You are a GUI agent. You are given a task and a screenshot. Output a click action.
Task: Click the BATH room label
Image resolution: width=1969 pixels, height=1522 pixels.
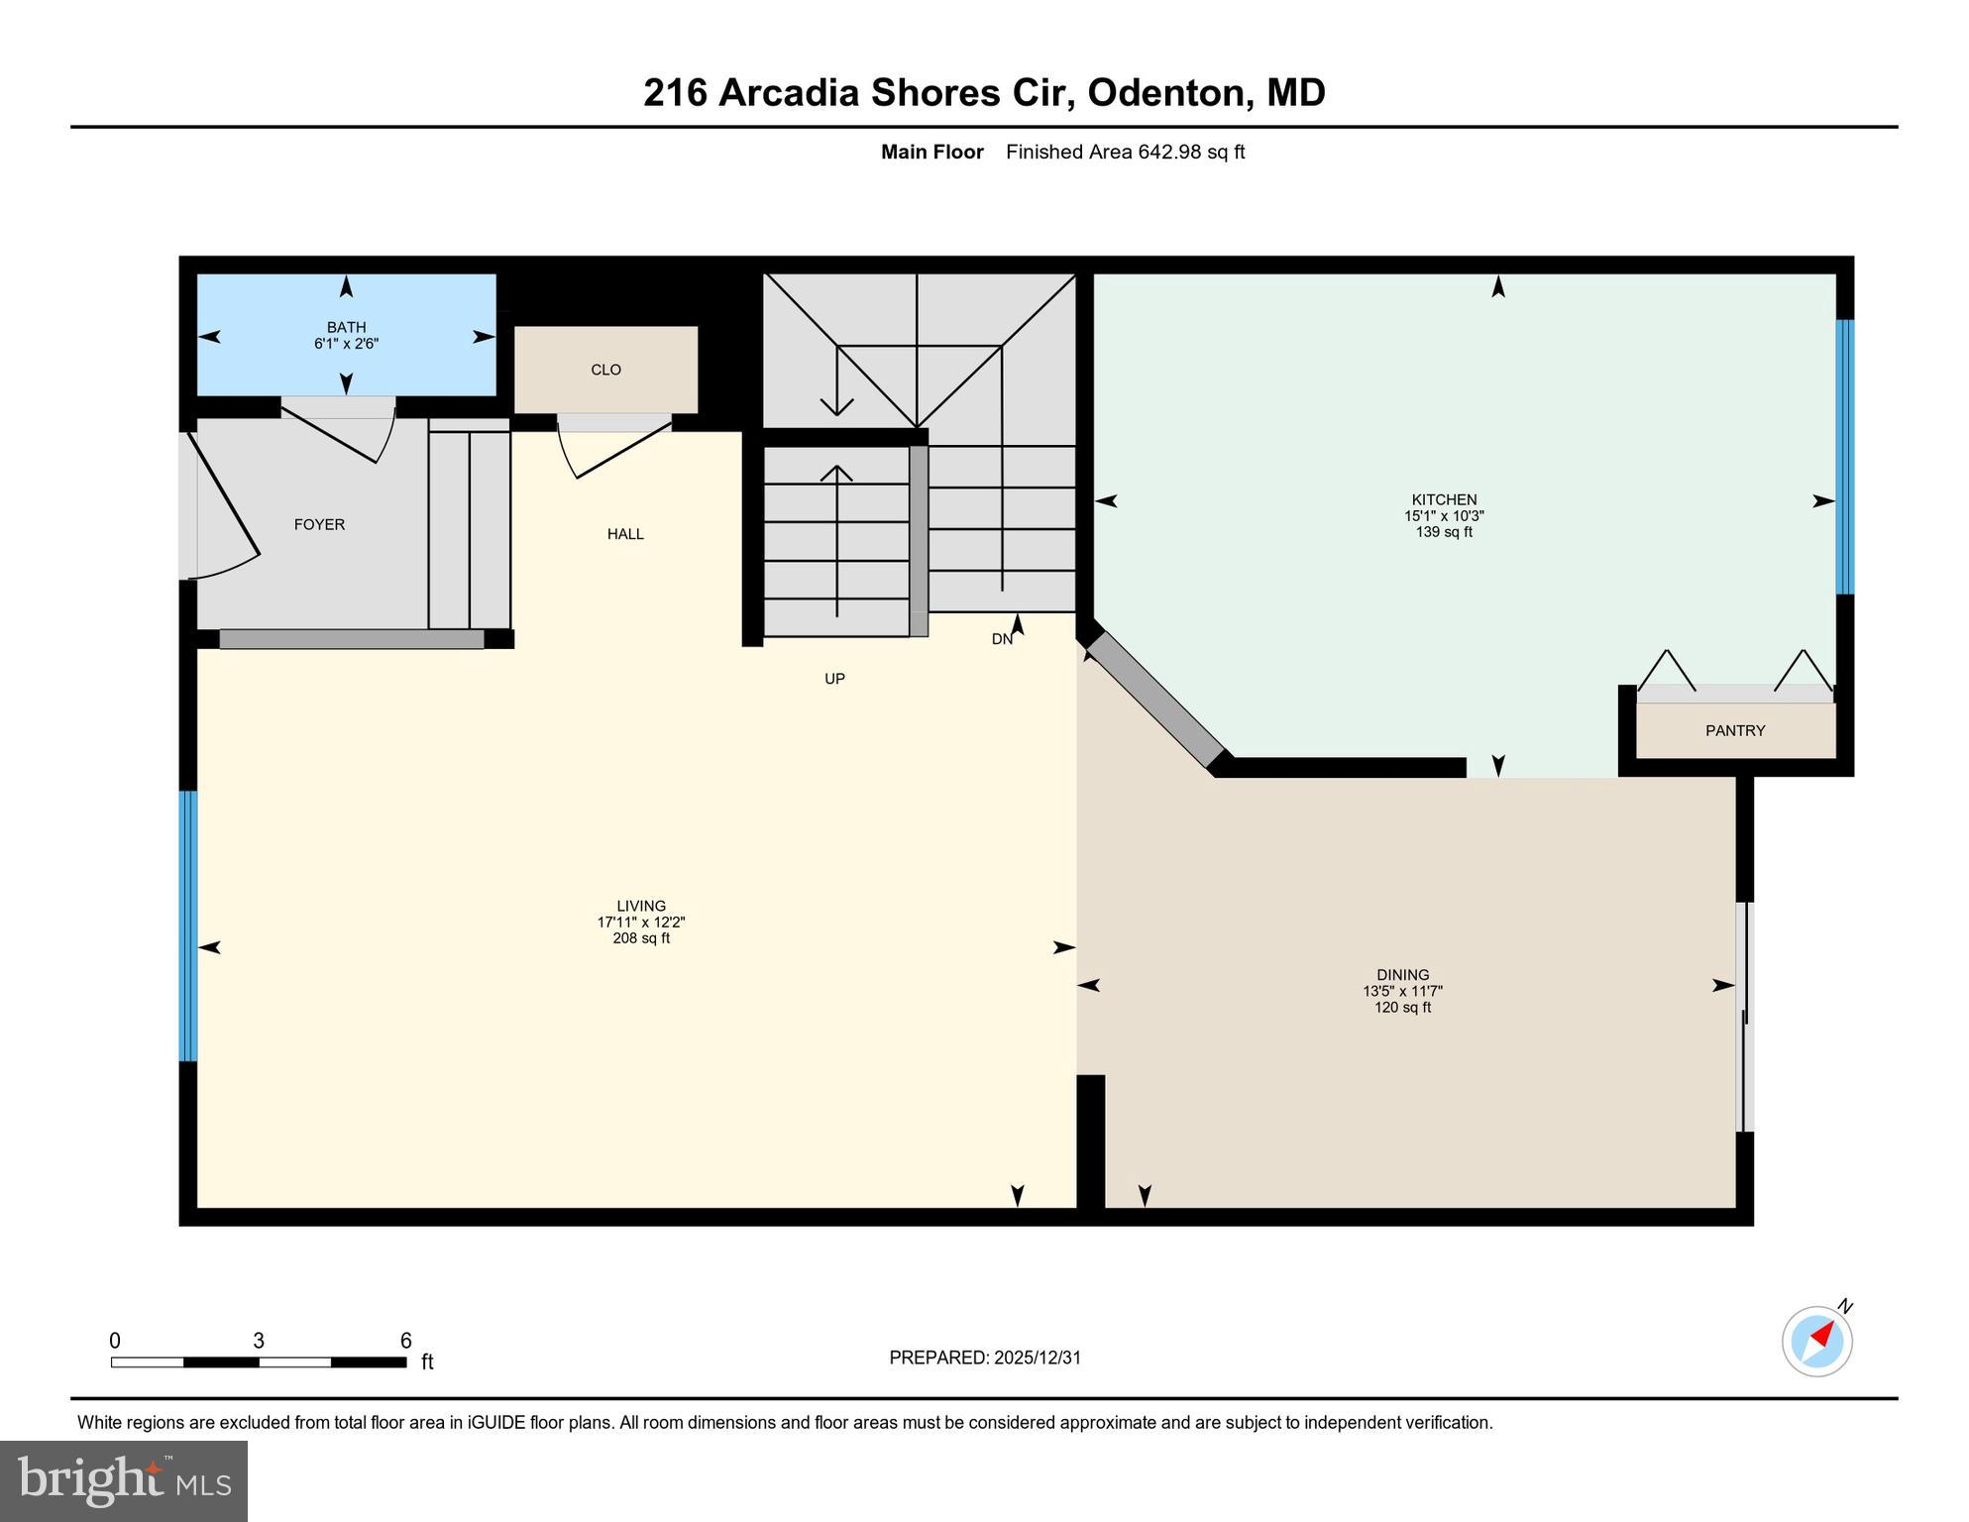346,327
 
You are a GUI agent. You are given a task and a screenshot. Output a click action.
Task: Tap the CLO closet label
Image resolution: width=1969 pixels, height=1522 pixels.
605,370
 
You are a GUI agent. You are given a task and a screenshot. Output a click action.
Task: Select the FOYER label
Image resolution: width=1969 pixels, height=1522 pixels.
319,524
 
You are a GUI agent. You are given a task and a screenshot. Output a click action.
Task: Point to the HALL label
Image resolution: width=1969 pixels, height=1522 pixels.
625,534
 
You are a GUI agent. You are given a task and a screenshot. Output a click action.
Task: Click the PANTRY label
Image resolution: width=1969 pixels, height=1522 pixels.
1734,730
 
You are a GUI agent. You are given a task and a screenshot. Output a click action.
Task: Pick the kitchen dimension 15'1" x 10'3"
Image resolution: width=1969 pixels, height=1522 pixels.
1443,516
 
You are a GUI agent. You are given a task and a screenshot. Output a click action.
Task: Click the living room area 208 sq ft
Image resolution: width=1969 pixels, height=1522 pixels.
640,938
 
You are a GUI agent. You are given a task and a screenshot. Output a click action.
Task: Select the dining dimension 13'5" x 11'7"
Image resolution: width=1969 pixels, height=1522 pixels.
1401,991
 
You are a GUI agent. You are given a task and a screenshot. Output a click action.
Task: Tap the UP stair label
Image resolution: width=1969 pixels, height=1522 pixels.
834,679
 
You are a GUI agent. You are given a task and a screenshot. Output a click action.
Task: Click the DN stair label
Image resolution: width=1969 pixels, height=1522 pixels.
1002,639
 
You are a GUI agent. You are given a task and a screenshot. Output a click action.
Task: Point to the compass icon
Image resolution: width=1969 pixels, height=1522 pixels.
1816,1342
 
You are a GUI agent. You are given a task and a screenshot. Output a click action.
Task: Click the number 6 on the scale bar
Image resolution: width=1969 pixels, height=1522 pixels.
405,1341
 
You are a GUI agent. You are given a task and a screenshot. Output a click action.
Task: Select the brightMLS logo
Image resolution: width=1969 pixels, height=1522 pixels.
124,1480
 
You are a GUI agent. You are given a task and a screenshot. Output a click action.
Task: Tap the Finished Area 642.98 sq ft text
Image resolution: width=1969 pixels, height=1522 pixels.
1125,152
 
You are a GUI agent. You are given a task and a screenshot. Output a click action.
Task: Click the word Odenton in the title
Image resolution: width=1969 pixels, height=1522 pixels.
1165,93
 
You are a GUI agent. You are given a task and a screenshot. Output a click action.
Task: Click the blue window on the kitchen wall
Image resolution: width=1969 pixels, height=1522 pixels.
1844,456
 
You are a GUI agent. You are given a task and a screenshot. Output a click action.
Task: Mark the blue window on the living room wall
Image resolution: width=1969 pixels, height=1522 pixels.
187,925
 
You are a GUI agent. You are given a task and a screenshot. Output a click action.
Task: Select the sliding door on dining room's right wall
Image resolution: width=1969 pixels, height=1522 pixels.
1746,1016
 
